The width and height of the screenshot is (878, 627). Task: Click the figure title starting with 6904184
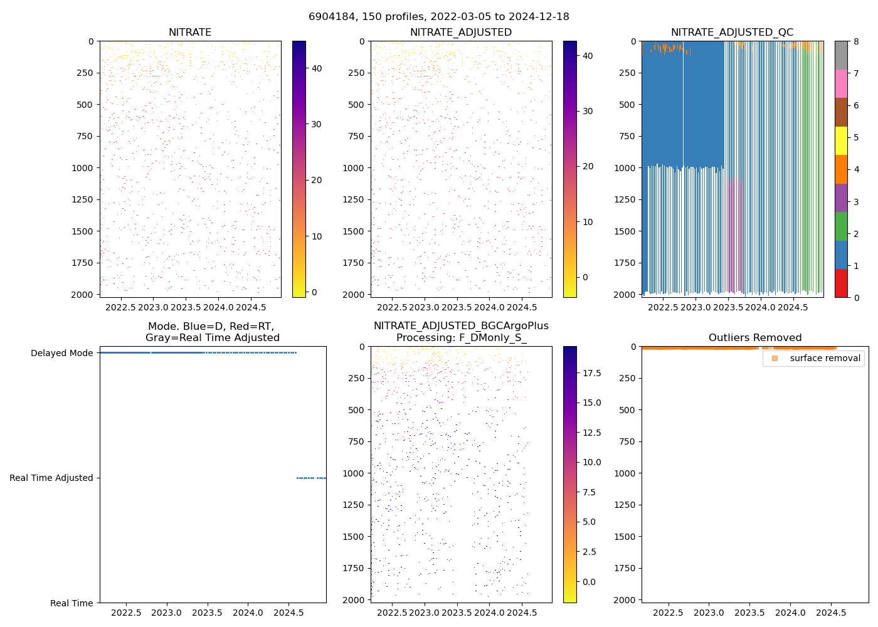439,17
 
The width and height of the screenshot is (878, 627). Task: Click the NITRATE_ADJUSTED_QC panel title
732,33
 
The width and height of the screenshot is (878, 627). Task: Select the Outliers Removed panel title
755,338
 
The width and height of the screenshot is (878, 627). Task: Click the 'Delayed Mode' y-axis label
61,353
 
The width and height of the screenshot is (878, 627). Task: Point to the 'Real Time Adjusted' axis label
51,478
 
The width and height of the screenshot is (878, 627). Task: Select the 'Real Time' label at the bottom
71,603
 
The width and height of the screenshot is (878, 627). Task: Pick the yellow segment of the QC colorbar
841,140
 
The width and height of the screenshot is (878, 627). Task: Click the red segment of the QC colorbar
841,283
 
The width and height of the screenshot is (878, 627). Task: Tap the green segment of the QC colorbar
841,226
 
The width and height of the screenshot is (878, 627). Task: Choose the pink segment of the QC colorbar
841,83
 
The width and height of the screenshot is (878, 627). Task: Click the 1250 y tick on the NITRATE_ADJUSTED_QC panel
625,199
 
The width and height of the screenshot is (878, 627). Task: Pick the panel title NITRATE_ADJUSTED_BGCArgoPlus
461,326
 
